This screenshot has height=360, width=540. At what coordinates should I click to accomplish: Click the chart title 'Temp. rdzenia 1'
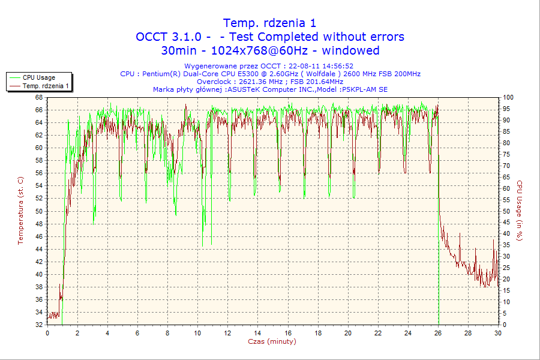[269, 23]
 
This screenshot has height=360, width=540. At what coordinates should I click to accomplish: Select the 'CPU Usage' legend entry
[39, 77]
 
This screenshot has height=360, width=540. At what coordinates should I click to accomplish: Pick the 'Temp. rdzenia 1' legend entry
[46, 86]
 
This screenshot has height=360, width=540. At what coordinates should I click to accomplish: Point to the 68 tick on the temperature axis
[39, 97]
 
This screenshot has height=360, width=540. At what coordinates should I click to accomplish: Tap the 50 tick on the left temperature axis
[39, 211]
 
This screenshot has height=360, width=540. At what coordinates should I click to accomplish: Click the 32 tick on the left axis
[39, 325]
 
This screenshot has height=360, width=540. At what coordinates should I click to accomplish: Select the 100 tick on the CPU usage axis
[508, 97]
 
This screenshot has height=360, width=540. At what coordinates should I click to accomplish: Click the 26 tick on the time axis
[438, 332]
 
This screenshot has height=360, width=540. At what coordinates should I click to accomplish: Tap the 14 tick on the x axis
[257, 332]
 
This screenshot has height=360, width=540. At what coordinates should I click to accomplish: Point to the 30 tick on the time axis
[497, 332]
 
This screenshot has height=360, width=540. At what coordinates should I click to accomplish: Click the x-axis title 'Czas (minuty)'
[272, 341]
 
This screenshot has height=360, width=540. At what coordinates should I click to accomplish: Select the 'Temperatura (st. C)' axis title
[20, 211]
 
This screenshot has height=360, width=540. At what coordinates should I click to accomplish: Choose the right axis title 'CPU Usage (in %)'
[520, 211]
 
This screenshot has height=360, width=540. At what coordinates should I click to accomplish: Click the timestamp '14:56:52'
[337, 66]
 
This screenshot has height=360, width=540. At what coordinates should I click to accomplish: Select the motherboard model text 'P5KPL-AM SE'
[365, 89]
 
